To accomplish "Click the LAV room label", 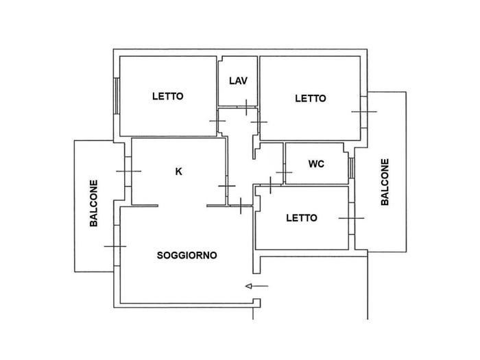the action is [x=238, y=81].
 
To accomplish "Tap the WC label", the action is [x=316, y=164].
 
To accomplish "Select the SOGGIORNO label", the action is [x=187, y=255].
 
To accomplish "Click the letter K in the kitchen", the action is [x=178, y=171].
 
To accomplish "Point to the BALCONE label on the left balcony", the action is [x=94, y=203].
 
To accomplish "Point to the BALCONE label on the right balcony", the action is [x=385, y=182].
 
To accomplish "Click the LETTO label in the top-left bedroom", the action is [x=168, y=97].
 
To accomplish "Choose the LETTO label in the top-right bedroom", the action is [x=311, y=99].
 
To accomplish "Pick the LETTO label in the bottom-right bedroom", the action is [x=302, y=218].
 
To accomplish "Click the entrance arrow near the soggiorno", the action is [x=257, y=286].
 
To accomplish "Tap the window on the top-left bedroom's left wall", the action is [x=117, y=96].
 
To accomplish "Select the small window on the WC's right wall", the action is [x=352, y=168].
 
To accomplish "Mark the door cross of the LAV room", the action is [x=246, y=108].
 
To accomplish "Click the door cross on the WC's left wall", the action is [x=284, y=173].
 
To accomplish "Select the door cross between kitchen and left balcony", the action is [x=129, y=171].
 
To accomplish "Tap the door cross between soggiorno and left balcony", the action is [x=115, y=246].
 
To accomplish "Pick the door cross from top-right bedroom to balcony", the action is [x=364, y=112].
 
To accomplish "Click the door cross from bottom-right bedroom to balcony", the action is [x=351, y=218].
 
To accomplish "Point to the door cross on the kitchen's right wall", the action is [x=227, y=186].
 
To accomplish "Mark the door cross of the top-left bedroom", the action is [x=217, y=121].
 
